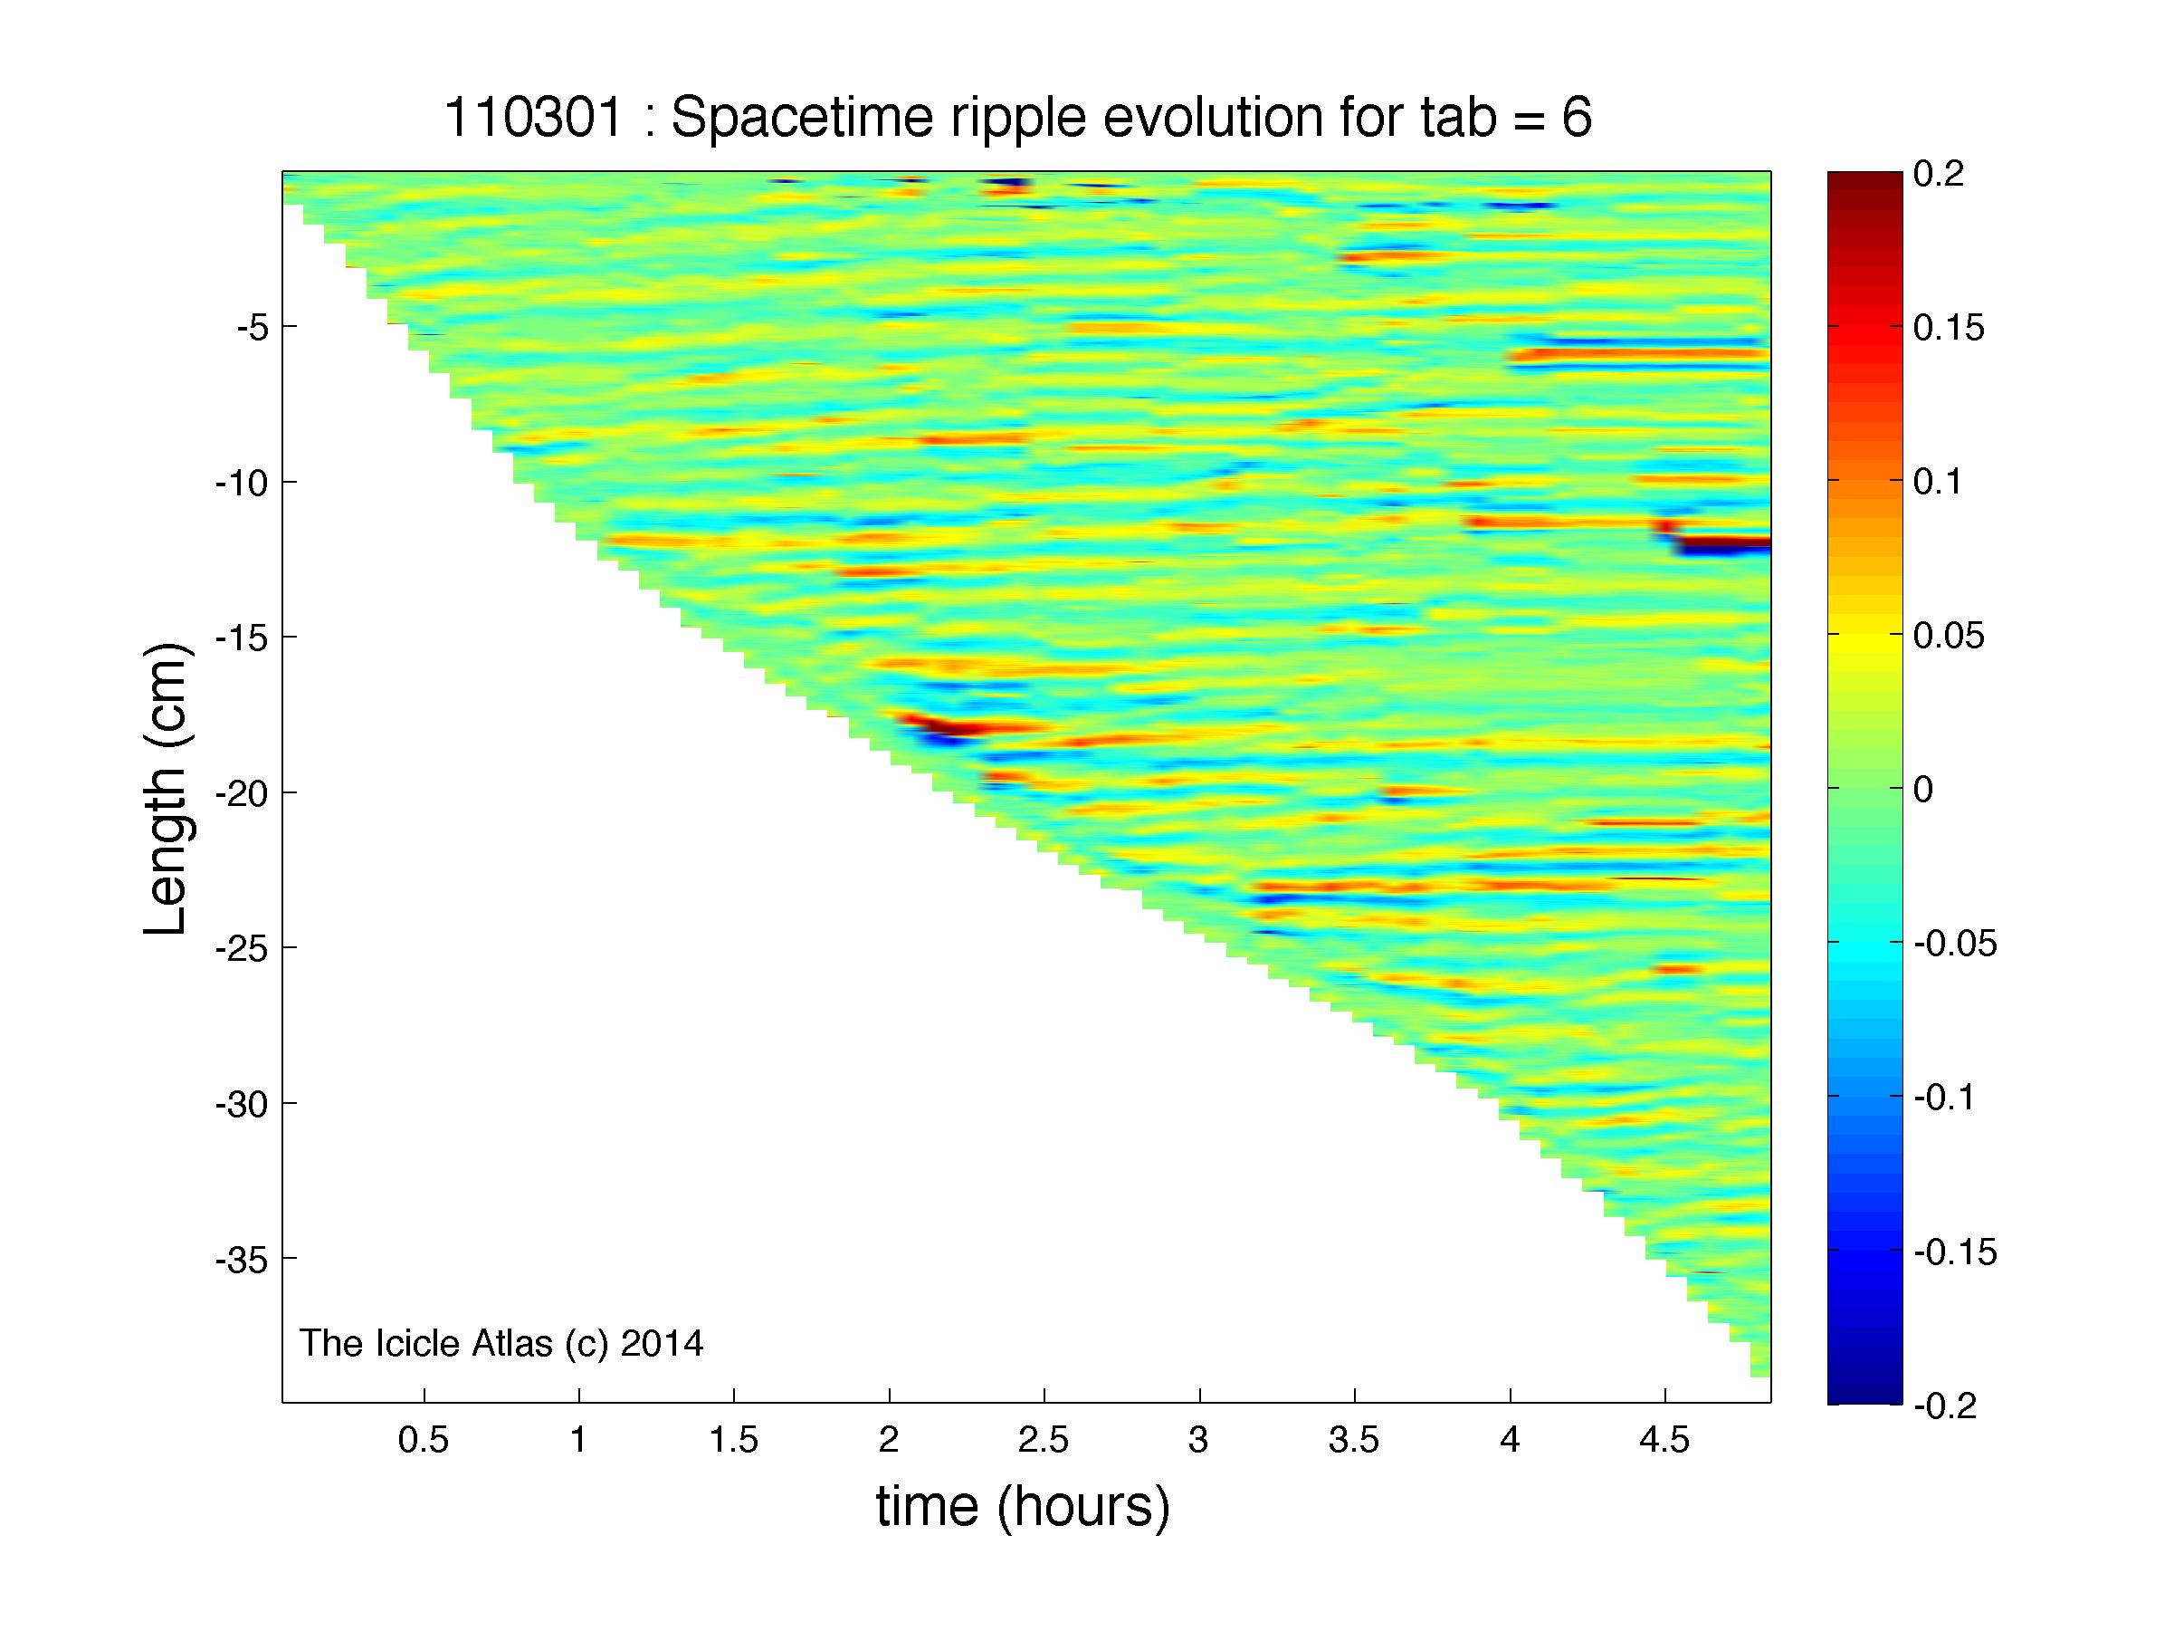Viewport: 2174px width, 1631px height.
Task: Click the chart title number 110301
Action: pos(534,118)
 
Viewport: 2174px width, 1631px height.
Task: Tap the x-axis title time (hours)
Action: pos(1023,1505)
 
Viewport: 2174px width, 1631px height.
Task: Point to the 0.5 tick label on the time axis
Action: pos(423,1440)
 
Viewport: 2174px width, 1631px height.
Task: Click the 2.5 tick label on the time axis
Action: pos(1043,1440)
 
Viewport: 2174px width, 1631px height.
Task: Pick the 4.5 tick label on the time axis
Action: pos(1664,1440)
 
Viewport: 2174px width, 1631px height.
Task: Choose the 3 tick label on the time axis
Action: pos(1198,1440)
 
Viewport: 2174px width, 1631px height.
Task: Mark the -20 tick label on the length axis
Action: pos(240,792)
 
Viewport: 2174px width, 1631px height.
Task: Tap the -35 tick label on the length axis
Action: pos(240,1259)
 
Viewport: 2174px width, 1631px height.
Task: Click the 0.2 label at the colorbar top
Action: pos(1939,174)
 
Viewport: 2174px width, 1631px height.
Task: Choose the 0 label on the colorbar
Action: pos(1924,790)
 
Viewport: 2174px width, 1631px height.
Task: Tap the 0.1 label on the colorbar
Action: pos(1937,482)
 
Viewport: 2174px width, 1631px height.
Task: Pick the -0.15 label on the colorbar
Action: pos(1955,1252)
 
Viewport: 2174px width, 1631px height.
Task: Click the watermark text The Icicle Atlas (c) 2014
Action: pos(501,1343)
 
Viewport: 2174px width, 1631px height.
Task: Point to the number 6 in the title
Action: pos(1577,119)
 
